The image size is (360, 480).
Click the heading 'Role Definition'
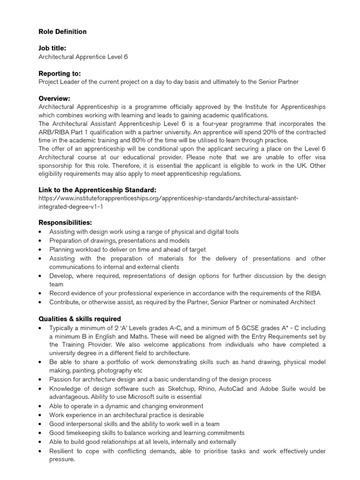point(62,32)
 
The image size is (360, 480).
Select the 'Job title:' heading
point(52,48)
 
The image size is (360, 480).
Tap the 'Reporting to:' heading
point(59,74)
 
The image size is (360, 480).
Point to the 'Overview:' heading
point(54,98)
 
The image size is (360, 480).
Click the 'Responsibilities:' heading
point(65,222)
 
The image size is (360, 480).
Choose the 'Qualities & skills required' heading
point(79,319)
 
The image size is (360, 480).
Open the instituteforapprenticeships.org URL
point(168,202)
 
